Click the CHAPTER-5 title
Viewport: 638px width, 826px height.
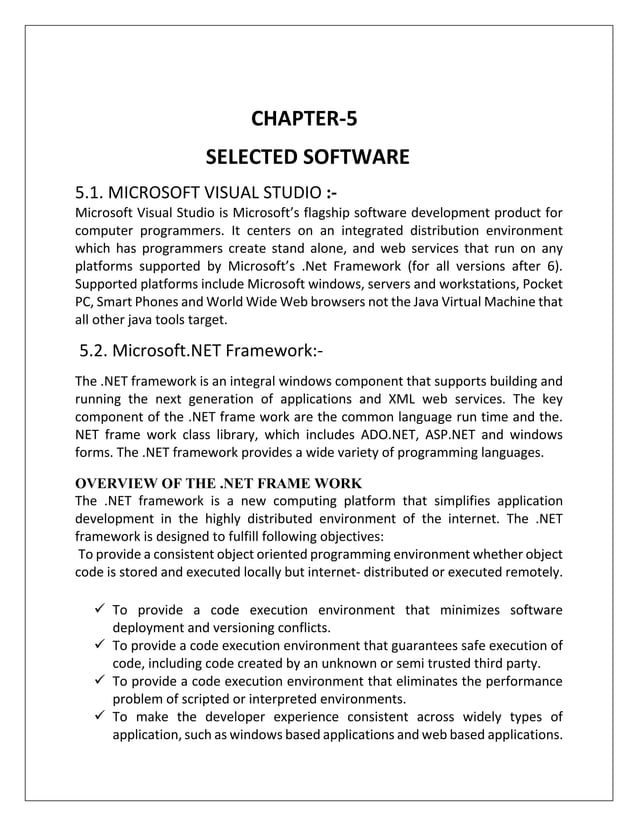point(303,120)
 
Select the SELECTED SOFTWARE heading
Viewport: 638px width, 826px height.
point(307,157)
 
